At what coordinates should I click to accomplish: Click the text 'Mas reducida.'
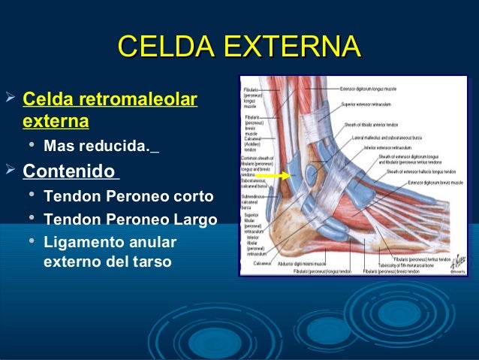97,145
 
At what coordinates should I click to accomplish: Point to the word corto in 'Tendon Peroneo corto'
193,197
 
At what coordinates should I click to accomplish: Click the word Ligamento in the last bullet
80,242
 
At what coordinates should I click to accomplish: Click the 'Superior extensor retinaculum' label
375,104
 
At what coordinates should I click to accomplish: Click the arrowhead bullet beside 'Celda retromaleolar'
11,98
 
